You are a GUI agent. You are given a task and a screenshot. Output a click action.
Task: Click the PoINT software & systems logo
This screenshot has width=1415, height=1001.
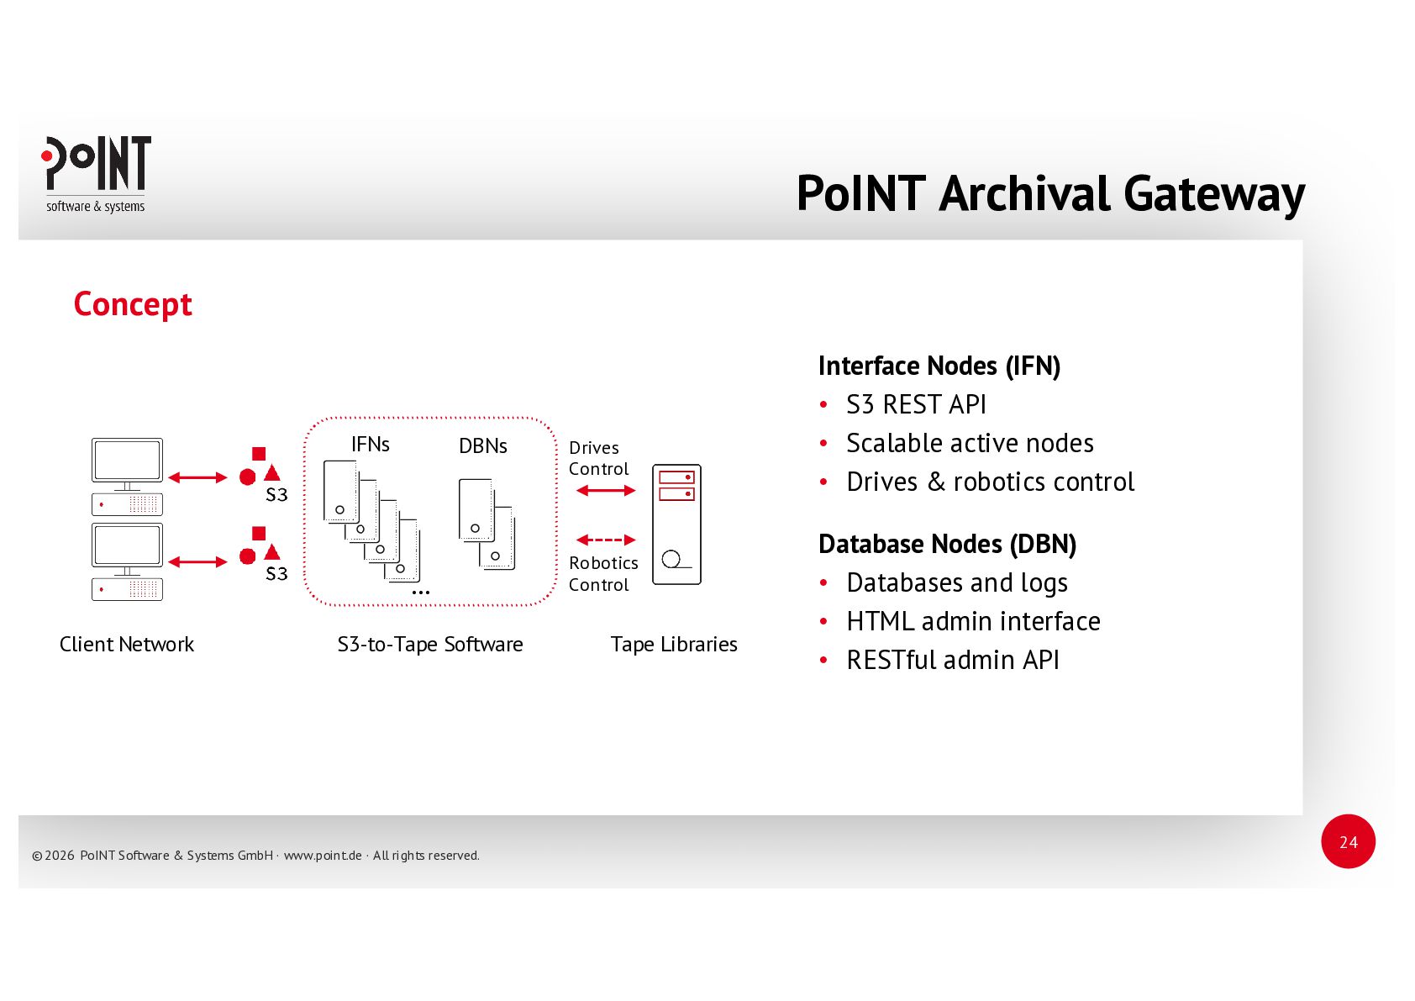(x=97, y=174)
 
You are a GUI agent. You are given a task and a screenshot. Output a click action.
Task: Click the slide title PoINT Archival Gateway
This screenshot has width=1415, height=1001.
(x=1049, y=193)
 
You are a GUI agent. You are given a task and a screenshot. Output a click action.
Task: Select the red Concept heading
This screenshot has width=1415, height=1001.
(x=133, y=304)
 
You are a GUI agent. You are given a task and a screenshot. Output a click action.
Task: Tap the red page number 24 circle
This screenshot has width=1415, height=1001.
(x=1348, y=841)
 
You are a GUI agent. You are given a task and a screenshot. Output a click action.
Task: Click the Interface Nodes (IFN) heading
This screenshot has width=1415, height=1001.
(x=939, y=366)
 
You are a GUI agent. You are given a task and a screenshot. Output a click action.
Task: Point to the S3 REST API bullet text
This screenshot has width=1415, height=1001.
(x=916, y=405)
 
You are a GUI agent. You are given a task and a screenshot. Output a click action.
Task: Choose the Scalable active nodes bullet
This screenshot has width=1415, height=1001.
(x=970, y=444)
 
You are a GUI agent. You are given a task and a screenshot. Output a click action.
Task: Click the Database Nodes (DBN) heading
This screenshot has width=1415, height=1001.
(x=947, y=545)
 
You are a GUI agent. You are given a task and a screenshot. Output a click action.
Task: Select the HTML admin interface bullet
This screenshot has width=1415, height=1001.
(x=973, y=622)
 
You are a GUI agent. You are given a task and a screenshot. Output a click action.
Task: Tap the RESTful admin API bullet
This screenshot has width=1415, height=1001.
(x=952, y=661)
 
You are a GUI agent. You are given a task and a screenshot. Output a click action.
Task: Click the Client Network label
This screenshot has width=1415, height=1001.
(x=127, y=645)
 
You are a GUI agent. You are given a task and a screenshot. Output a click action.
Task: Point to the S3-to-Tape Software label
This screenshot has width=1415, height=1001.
(x=430, y=645)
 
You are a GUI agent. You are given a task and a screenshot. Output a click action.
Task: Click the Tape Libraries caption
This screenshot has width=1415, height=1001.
(x=674, y=645)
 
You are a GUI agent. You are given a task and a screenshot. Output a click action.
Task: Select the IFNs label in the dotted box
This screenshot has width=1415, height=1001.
(x=371, y=445)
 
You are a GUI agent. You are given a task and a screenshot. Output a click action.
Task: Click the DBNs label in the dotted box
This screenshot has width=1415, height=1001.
(x=483, y=446)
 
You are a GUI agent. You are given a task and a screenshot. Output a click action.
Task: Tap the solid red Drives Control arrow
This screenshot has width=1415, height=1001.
(x=606, y=490)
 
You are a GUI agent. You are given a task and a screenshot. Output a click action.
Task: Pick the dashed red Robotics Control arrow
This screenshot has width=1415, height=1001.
(x=606, y=540)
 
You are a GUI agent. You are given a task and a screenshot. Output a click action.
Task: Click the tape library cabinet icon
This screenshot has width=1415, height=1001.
(x=676, y=524)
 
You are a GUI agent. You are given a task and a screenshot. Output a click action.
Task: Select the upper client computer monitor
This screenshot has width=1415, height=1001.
(x=127, y=460)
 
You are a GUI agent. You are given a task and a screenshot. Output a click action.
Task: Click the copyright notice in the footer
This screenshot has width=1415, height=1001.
(x=255, y=856)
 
